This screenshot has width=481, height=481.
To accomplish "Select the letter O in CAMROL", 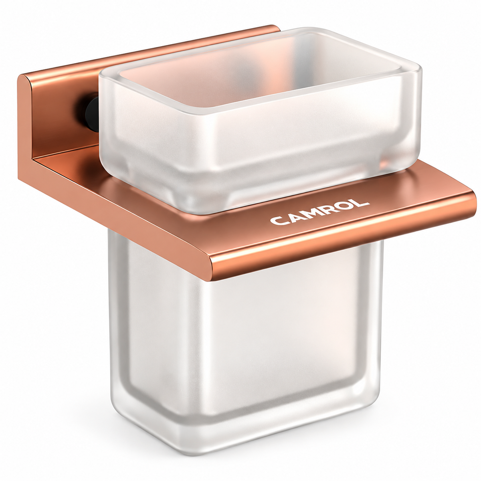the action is pos(344,207).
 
